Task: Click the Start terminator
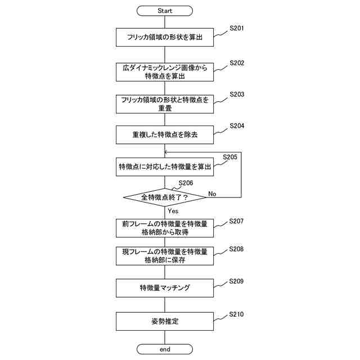pyautogui.click(x=165, y=11)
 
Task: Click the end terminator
pyautogui.click(x=165, y=349)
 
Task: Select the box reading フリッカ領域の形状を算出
pyautogui.click(x=165, y=38)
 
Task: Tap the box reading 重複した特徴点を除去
pyautogui.click(x=165, y=135)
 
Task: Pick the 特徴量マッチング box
pyautogui.click(x=165, y=288)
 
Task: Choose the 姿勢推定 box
pyautogui.click(x=165, y=322)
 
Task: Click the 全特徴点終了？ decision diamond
pyautogui.click(x=165, y=197)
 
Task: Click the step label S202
pyautogui.click(x=237, y=63)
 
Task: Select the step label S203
pyautogui.click(x=237, y=95)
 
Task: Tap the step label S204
pyautogui.click(x=237, y=127)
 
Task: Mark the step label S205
pyautogui.click(x=230, y=157)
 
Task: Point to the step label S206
pyautogui.click(x=186, y=183)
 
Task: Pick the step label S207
pyautogui.click(x=236, y=221)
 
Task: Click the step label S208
pyautogui.click(x=236, y=249)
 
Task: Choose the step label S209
pyautogui.click(x=236, y=281)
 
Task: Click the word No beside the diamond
pyautogui.click(x=212, y=193)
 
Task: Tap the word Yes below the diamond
pyautogui.click(x=173, y=211)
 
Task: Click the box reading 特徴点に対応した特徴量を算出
pyautogui.click(x=165, y=166)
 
